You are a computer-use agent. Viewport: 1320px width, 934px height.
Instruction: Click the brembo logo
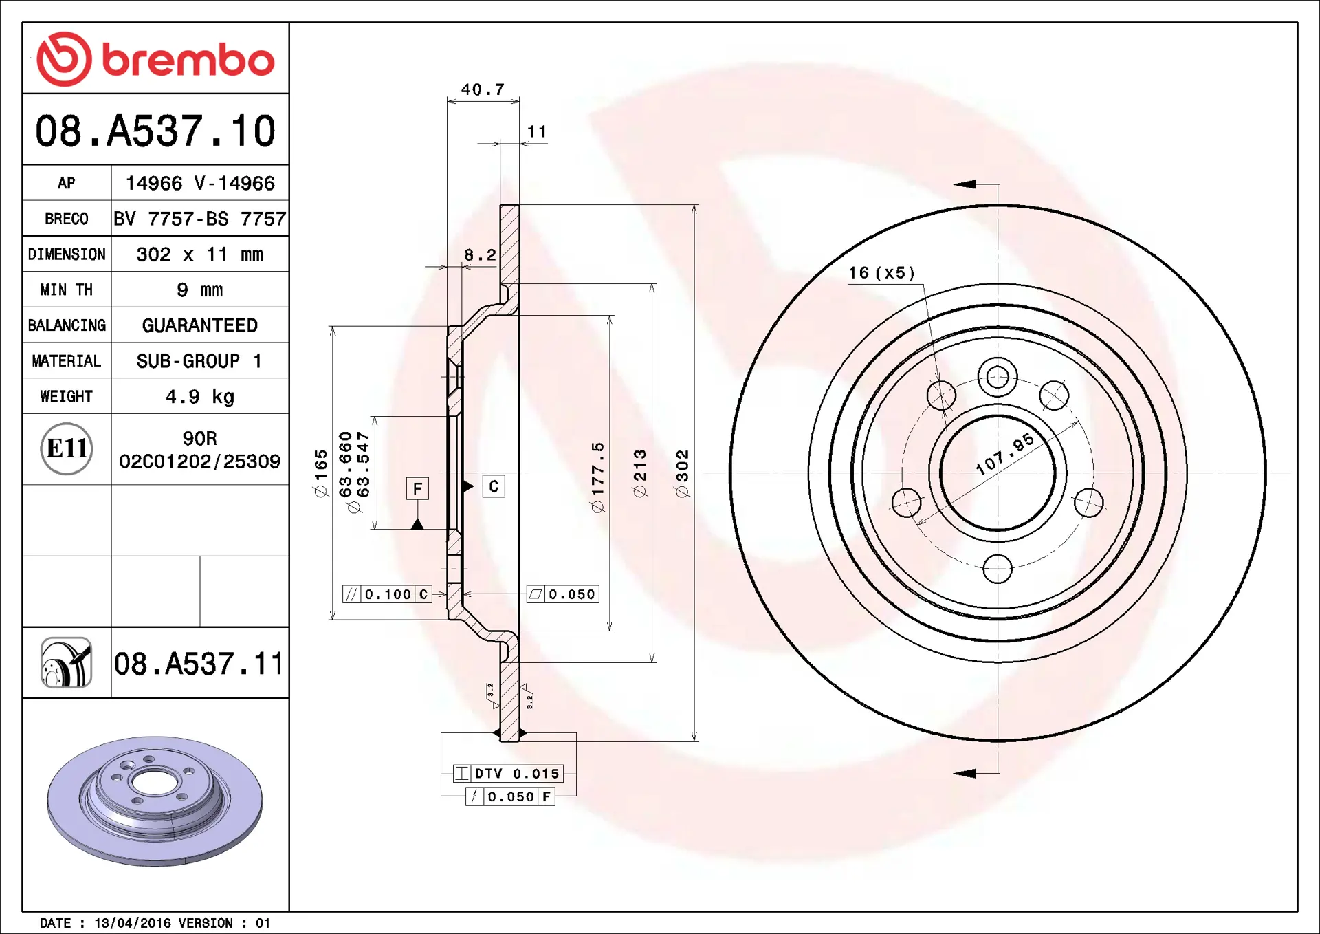click(x=155, y=59)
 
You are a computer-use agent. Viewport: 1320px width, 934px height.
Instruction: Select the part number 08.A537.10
click(x=155, y=131)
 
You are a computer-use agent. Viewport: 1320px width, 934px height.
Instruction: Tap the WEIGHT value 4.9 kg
click(x=200, y=396)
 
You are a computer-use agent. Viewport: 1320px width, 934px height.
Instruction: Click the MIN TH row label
click(x=67, y=290)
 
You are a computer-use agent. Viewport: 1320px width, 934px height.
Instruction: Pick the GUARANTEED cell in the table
click(x=200, y=325)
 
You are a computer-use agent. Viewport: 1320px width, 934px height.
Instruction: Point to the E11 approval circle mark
click(x=67, y=448)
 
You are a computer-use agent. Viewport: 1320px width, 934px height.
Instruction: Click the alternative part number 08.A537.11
click(x=199, y=664)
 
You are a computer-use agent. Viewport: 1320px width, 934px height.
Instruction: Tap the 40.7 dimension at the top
click(x=483, y=89)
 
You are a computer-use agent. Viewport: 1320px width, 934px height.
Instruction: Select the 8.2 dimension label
click(x=480, y=254)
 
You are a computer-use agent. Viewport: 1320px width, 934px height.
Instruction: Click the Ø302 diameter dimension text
click(x=681, y=473)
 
